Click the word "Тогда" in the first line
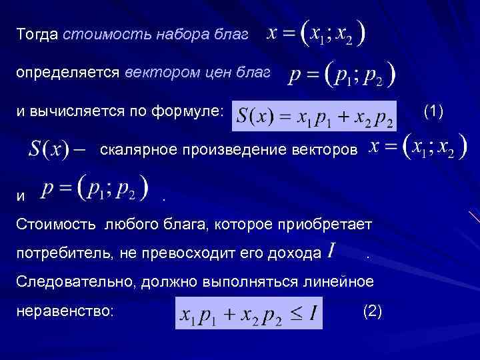point(37,34)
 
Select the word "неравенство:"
point(65,311)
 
